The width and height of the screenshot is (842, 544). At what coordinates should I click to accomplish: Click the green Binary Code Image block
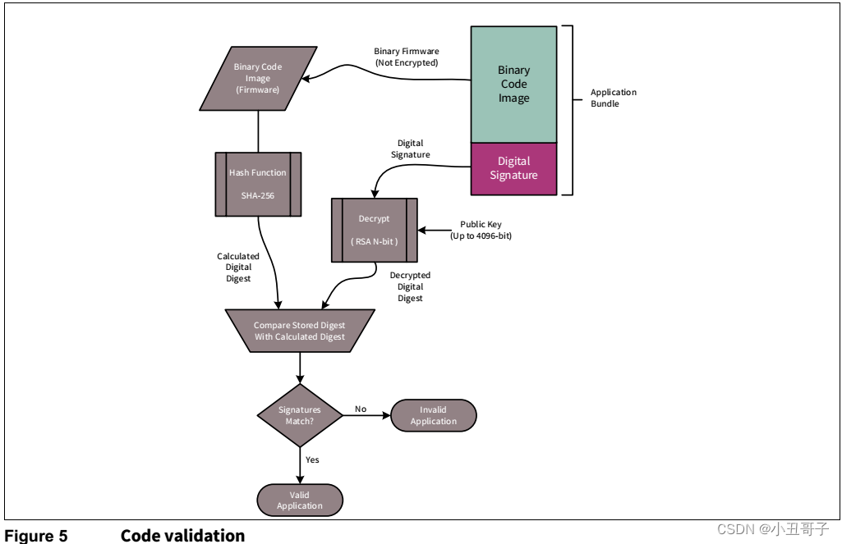point(513,85)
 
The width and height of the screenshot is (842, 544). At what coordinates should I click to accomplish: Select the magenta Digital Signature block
point(513,168)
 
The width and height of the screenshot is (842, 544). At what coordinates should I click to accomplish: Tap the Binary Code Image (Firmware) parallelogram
point(258,78)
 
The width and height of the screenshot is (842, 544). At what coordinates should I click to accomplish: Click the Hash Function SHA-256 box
point(258,184)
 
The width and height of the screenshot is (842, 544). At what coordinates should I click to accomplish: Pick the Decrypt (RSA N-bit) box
point(374,230)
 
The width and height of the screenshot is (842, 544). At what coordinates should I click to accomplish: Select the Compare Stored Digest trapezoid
point(300,331)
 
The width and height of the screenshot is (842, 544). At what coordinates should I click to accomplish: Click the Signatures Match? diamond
point(300,414)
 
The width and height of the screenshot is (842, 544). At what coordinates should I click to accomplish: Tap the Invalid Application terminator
point(433,415)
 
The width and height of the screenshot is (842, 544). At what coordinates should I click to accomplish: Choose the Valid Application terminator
point(300,500)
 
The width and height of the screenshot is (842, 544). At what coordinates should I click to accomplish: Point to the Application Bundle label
point(613,98)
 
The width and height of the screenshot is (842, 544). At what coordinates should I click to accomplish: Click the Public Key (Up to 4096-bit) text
point(481,229)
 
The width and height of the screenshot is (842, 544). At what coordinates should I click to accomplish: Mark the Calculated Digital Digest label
point(237,267)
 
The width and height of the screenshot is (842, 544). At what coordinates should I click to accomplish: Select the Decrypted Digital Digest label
point(410,286)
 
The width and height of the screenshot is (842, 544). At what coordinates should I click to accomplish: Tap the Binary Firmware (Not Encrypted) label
point(406,57)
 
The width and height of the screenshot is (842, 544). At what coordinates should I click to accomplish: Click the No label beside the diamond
point(361,408)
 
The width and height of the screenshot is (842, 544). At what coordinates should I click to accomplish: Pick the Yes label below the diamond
point(312,459)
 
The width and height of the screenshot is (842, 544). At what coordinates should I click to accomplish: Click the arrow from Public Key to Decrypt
point(434,230)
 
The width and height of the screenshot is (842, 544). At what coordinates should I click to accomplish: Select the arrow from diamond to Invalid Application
point(366,415)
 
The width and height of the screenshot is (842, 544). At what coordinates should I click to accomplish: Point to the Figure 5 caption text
point(35,536)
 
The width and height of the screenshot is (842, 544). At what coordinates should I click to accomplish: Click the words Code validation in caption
point(182,536)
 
